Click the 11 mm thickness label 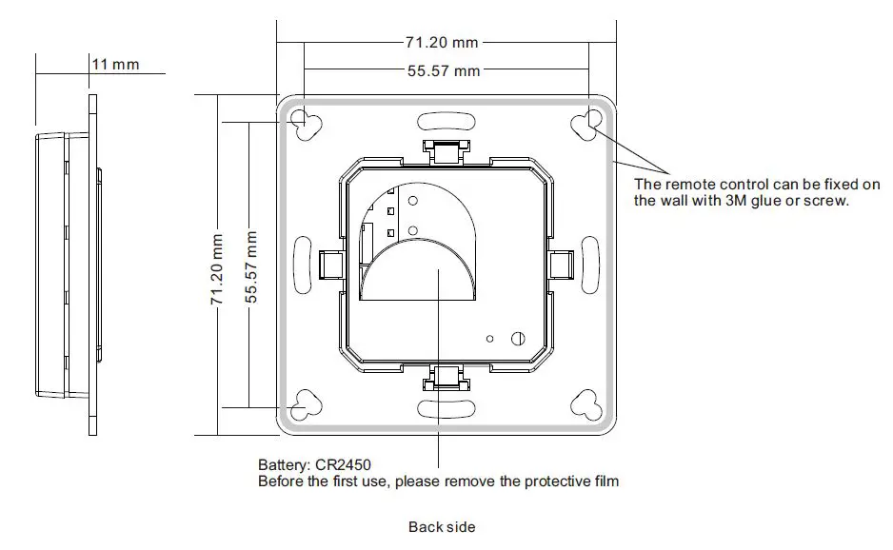[115, 64]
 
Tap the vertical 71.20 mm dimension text [217, 270]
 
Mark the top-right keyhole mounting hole [586, 124]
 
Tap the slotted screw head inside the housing [520, 338]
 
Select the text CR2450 [342, 464]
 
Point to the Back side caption [441, 526]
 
